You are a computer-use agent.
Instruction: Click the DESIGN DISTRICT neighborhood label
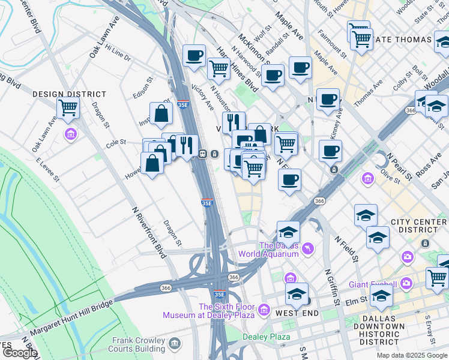click(69, 94)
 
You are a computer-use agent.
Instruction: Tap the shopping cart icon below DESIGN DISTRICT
click(68, 108)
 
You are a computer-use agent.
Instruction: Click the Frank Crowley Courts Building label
click(139, 344)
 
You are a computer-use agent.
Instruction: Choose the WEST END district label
click(292, 313)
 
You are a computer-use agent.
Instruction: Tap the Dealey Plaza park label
click(266, 337)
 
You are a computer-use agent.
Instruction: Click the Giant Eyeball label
click(372, 284)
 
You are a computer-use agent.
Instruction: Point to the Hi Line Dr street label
click(118, 52)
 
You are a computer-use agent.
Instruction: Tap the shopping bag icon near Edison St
click(161, 113)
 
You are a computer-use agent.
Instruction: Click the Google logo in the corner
click(20, 353)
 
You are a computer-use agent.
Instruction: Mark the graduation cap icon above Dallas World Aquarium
click(288, 232)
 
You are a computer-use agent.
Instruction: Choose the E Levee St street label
click(48, 170)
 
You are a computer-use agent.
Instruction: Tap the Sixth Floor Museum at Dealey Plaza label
click(213, 310)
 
